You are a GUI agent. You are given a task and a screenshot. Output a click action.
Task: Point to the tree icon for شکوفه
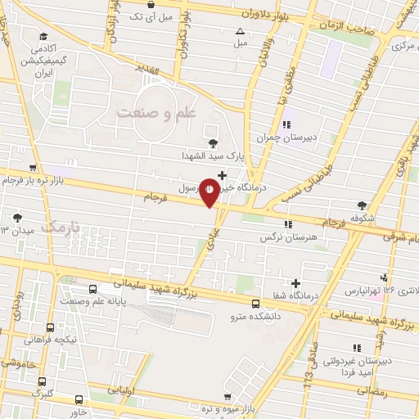361,205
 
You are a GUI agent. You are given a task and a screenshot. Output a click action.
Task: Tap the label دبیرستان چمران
286,137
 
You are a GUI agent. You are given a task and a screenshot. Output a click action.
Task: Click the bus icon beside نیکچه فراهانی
51,327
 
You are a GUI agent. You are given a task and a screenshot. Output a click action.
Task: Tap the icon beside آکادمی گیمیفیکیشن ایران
42,37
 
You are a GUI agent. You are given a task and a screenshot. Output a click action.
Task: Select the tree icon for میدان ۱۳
17,218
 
